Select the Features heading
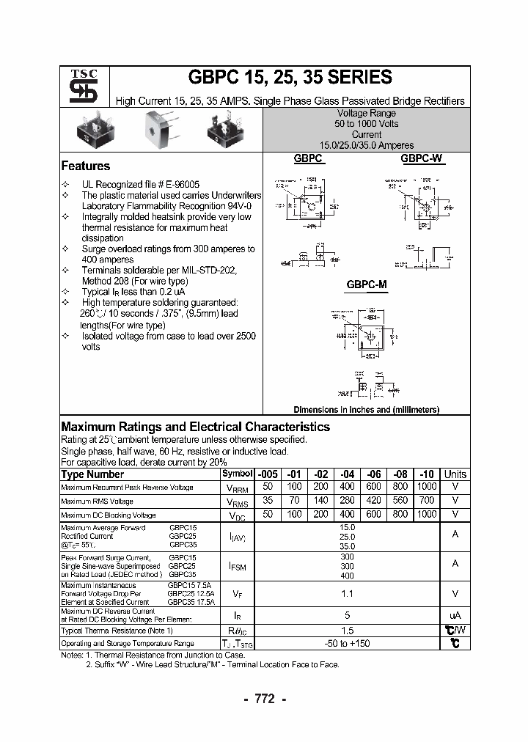coord(85,166)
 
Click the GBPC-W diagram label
coord(422,158)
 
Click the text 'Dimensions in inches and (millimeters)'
coord(366,409)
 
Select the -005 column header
coord(267,474)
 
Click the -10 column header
coord(426,474)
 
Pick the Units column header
coord(455,474)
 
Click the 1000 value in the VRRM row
coord(426,488)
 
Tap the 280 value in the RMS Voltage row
coord(347,501)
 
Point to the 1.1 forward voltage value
coord(347,594)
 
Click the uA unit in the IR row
coord(455,616)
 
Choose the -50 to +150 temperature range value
coord(347,643)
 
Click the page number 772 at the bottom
coord(264,699)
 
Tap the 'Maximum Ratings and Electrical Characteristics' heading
coord(195,427)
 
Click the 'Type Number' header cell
coord(92,474)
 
